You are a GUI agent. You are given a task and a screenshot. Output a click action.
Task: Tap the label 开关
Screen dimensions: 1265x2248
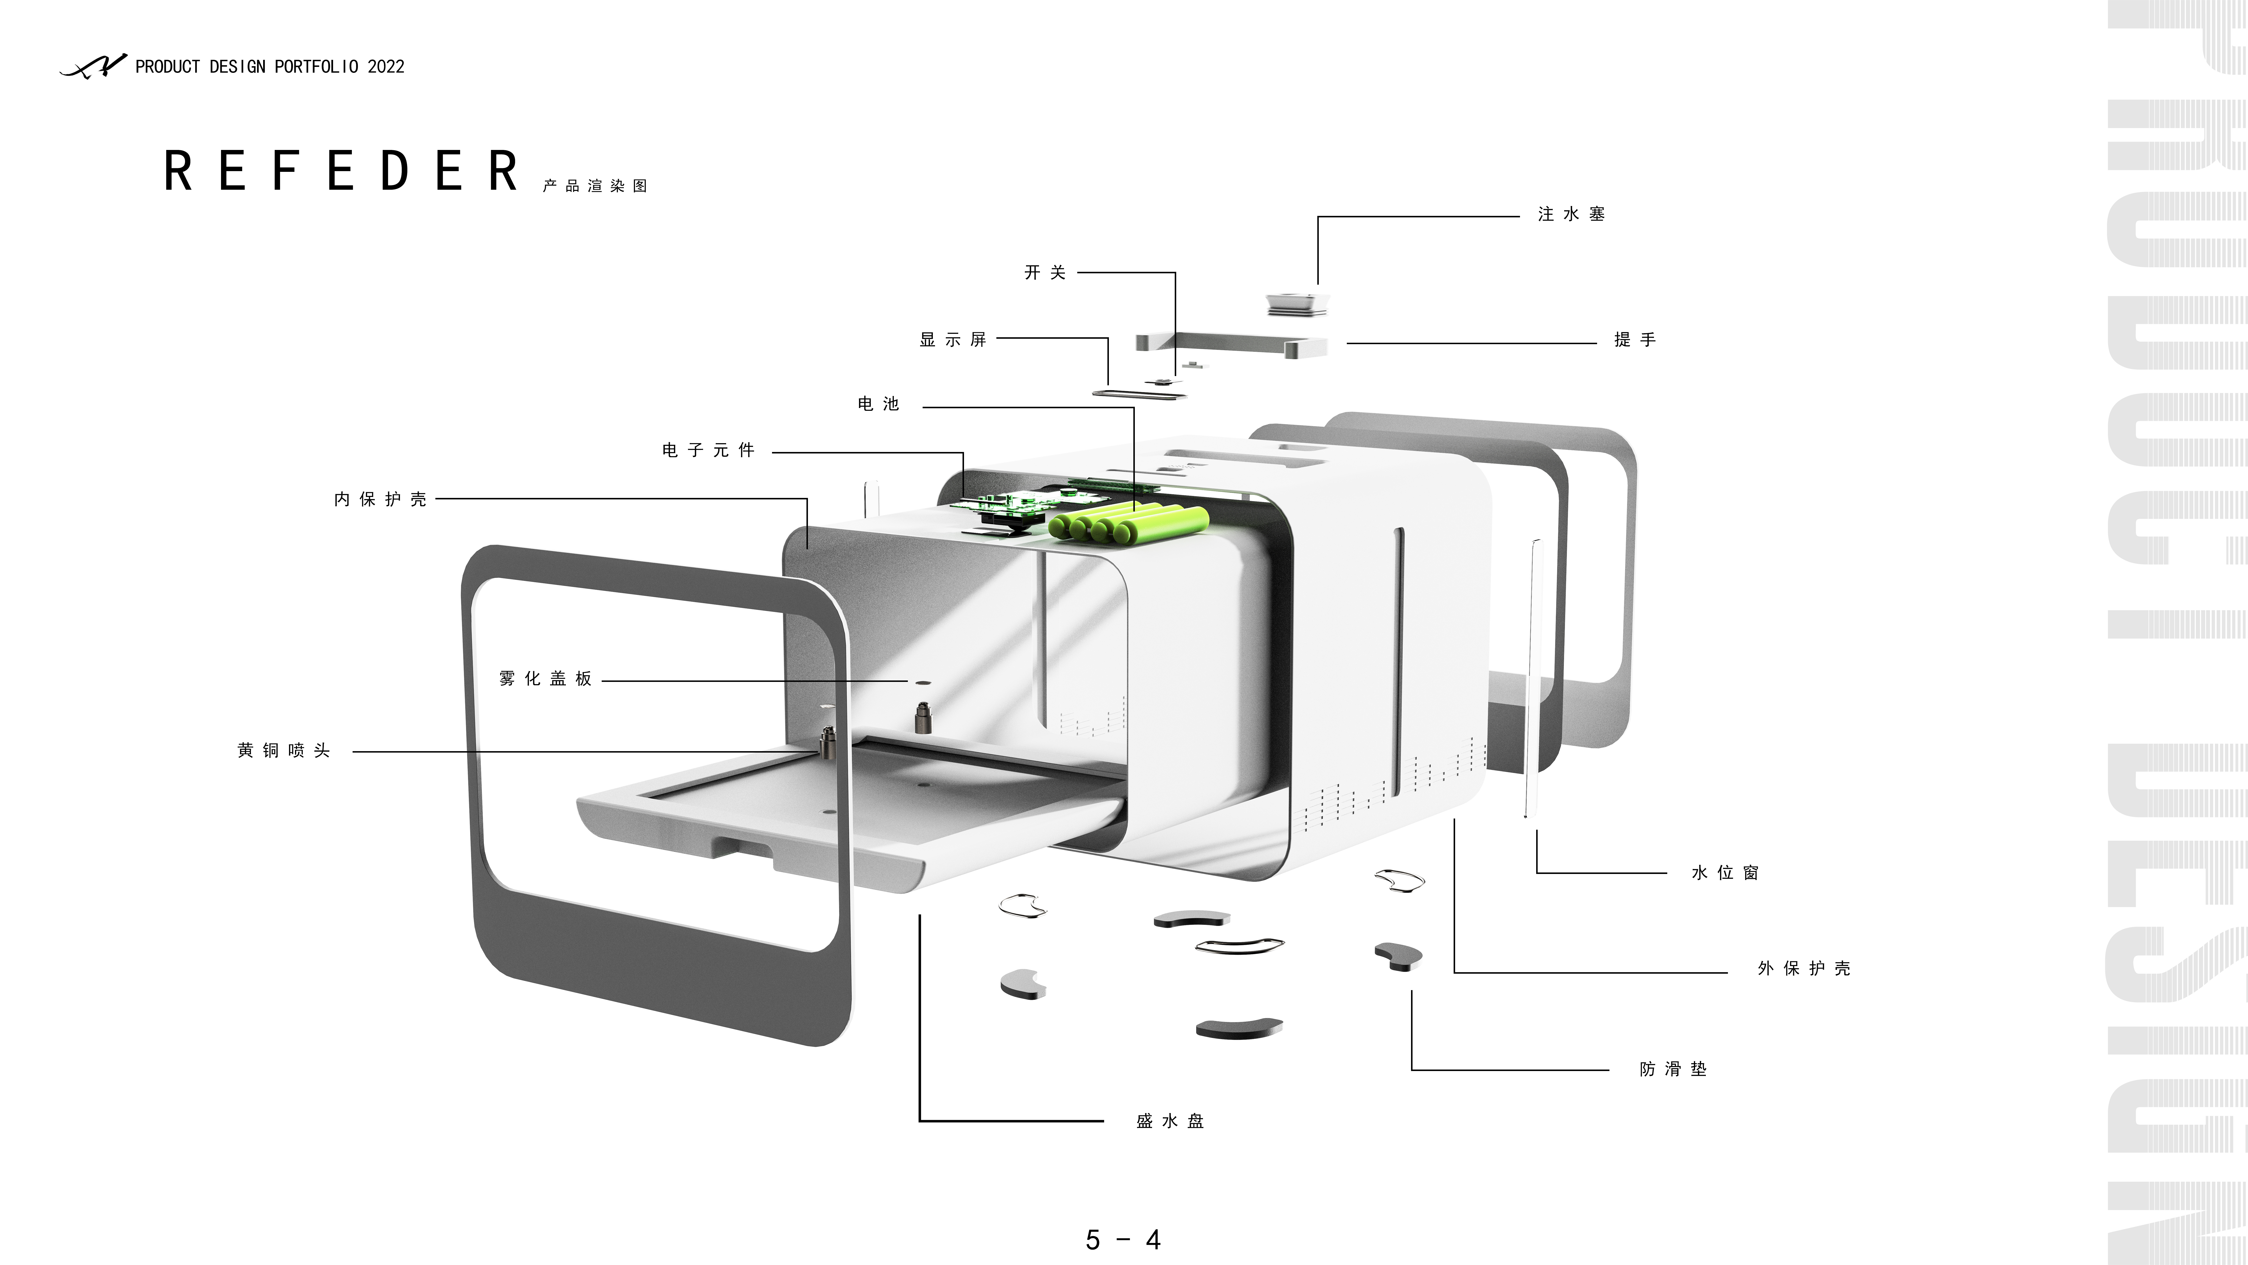[x=1045, y=272]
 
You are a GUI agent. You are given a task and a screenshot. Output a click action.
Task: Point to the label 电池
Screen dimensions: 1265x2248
[x=878, y=403]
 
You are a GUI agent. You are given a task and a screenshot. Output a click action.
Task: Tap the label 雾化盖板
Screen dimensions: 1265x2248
[x=546, y=679]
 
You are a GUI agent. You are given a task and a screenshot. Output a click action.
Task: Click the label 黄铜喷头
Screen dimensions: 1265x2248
[x=284, y=751]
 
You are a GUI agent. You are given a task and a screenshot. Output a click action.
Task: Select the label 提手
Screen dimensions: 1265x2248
[x=1634, y=340]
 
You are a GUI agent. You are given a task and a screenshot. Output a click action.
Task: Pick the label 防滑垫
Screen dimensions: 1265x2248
[x=1672, y=1069]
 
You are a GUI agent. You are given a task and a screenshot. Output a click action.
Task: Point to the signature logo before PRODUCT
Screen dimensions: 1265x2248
[x=93, y=66]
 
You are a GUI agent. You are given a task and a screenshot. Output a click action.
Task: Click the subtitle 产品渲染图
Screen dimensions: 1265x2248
[x=594, y=186]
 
